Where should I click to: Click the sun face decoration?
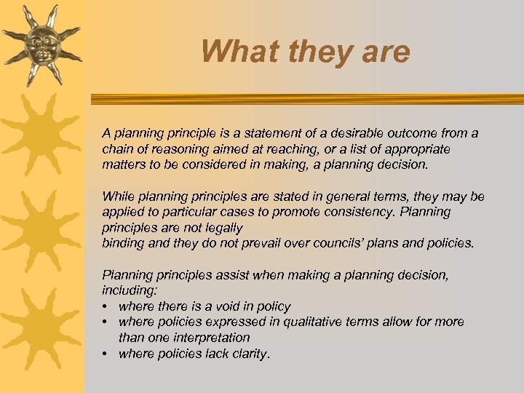tap(42, 44)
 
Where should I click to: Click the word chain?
tap(117, 148)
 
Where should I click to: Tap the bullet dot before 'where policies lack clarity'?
tap(106, 354)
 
